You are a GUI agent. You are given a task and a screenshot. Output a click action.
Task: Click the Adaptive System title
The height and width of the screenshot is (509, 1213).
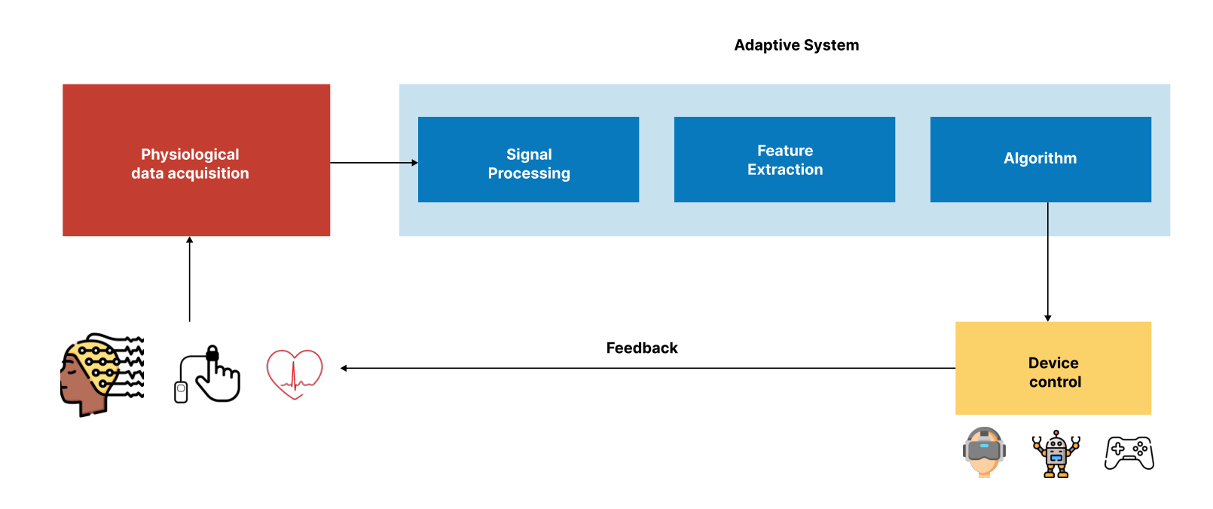pyautogui.click(x=796, y=45)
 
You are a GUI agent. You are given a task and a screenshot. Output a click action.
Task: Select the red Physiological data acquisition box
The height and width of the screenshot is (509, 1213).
pyautogui.click(x=196, y=160)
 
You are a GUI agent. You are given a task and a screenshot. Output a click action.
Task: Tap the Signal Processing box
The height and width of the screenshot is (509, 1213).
pyautogui.click(x=529, y=159)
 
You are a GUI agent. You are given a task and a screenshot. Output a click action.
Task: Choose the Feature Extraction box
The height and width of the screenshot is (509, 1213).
pyautogui.click(x=784, y=159)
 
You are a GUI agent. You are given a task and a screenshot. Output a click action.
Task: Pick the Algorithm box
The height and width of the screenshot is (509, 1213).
pyautogui.click(x=1040, y=159)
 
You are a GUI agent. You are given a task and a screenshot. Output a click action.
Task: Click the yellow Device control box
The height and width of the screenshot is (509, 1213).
pyautogui.click(x=1053, y=368)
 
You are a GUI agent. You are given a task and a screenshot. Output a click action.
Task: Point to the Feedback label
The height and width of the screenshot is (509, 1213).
pyautogui.click(x=642, y=348)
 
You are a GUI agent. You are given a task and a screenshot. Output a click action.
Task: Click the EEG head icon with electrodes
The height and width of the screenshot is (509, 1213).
pyautogui.click(x=102, y=375)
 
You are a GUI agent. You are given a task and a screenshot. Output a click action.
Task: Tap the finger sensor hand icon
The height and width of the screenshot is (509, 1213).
pyautogui.click(x=207, y=374)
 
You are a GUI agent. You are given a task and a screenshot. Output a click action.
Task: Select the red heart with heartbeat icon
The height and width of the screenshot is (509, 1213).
pyautogui.click(x=295, y=374)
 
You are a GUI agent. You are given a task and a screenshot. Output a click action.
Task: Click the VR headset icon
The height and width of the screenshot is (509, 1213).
pyautogui.click(x=984, y=452)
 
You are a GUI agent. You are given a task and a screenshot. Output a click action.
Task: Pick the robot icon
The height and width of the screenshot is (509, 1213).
pyautogui.click(x=1056, y=454)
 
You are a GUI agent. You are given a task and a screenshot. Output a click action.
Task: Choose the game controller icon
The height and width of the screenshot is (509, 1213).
pyautogui.click(x=1129, y=453)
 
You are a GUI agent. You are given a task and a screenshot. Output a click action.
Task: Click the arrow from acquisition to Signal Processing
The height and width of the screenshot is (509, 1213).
pyautogui.click(x=374, y=163)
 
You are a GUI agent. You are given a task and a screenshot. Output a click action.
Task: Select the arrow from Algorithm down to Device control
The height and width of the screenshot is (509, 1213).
pyautogui.click(x=1048, y=262)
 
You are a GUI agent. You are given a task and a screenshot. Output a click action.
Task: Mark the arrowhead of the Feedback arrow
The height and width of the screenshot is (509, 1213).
pyautogui.click(x=344, y=368)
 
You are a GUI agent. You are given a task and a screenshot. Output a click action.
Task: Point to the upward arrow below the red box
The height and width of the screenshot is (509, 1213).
pyautogui.click(x=190, y=279)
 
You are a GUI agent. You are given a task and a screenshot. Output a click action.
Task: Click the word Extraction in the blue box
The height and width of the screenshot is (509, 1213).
pyautogui.click(x=785, y=170)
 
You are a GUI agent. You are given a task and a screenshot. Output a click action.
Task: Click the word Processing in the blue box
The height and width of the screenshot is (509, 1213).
pyautogui.click(x=529, y=173)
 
